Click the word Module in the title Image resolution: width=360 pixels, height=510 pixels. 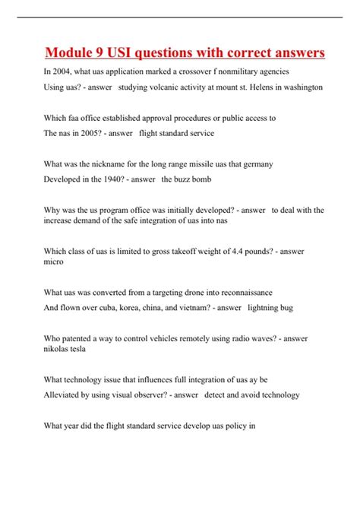70,52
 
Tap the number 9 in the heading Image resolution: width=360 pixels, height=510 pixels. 105,52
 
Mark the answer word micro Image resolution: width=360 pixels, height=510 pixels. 54,261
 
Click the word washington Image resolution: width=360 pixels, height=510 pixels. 302,87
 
